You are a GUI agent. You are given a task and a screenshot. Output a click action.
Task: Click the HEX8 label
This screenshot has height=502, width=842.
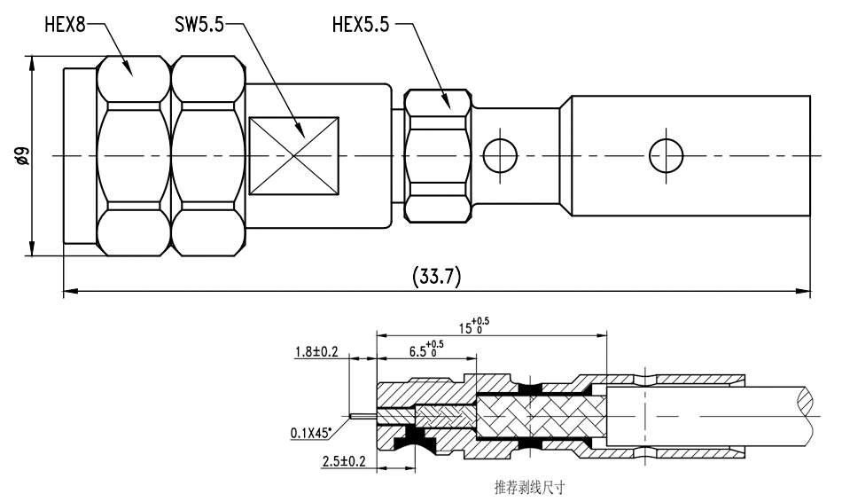(65, 25)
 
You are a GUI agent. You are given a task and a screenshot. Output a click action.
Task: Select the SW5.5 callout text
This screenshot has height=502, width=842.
(199, 25)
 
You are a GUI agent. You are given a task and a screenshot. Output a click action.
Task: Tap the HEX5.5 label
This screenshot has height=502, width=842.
(361, 25)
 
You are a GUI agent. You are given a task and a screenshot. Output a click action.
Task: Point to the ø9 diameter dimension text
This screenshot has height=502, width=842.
(22, 155)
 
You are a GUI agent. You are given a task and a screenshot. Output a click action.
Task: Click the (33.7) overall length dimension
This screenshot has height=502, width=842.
(437, 276)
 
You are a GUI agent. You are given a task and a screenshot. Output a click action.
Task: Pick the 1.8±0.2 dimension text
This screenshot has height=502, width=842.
(316, 351)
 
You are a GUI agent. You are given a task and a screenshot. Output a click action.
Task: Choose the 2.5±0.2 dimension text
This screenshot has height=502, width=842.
(344, 461)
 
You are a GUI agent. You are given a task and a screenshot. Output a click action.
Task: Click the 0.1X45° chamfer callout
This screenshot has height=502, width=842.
(311, 432)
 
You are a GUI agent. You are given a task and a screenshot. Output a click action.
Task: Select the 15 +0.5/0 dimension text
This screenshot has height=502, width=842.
(473, 326)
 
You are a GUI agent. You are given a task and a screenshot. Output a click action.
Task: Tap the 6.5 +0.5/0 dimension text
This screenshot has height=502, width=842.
(426, 349)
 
